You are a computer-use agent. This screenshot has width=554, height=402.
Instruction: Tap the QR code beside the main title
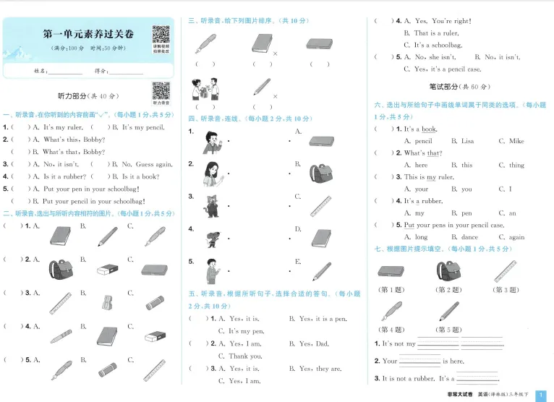161,34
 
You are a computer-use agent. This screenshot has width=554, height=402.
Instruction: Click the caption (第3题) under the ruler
506,289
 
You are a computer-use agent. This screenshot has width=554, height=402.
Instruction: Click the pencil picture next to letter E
322,270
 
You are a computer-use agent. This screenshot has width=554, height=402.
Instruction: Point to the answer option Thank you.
245,356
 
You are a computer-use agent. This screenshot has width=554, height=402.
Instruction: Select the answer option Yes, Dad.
313,344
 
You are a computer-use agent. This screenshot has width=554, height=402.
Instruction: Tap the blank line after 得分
125,72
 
